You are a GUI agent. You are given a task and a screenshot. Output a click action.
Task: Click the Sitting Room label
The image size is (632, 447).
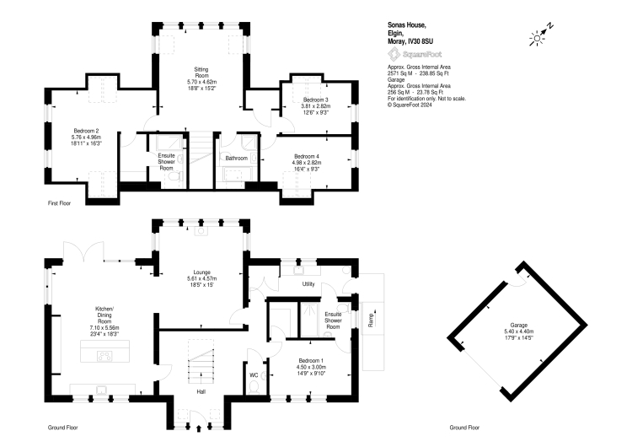click(x=201, y=73)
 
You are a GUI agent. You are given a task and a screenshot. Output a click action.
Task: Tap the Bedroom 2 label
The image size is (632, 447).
click(x=86, y=131)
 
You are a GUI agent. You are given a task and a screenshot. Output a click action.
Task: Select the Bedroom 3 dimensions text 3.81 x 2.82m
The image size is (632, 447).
click(x=316, y=106)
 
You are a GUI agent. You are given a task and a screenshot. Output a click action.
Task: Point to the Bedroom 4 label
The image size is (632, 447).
click(x=307, y=157)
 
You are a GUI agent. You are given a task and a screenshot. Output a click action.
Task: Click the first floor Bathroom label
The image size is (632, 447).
click(x=236, y=159)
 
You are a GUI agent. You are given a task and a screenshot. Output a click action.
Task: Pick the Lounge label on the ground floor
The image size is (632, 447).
click(x=201, y=272)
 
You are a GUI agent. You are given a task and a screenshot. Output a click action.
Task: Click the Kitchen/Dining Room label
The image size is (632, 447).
click(x=104, y=315)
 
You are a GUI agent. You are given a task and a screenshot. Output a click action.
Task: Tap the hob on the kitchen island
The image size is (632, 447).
click(x=105, y=356)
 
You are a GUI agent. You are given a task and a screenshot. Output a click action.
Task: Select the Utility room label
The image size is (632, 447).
click(x=308, y=284)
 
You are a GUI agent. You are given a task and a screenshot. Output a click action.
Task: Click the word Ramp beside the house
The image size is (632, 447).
click(x=372, y=320)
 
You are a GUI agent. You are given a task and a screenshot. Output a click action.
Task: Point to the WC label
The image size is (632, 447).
click(x=254, y=375)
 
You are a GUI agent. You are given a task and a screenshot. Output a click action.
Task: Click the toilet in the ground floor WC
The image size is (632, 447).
click(x=254, y=388)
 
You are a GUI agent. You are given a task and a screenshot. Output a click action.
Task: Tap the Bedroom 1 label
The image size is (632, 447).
click(x=311, y=361)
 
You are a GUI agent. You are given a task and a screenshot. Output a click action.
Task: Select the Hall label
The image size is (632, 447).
click(x=201, y=391)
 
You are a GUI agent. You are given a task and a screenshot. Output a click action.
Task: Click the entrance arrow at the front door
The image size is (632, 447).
click(x=199, y=428)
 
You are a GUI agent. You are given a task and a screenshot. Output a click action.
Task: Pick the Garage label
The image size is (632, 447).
click(x=519, y=326)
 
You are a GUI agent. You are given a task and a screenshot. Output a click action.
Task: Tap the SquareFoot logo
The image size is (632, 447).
click(x=415, y=54)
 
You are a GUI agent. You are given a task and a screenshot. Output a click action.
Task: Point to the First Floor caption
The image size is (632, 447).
click(x=59, y=203)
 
